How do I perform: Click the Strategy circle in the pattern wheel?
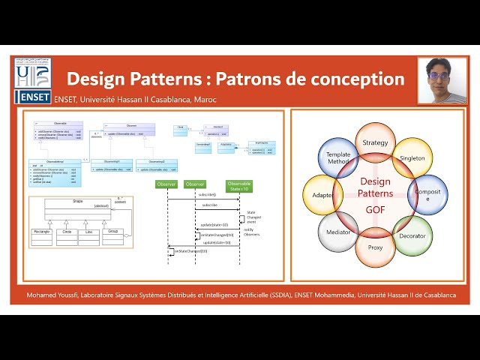(375, 142)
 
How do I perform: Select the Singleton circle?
(412, 158)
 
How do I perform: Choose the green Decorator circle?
(412, 234)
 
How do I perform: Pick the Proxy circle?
(375, 247)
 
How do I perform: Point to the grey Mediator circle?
(337, 232)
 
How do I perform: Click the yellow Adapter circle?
(322, 195)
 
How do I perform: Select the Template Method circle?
(337, 157)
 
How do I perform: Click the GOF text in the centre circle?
(375, 211)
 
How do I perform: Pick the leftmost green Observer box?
(166, 184)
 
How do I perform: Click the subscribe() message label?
(208, 194)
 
